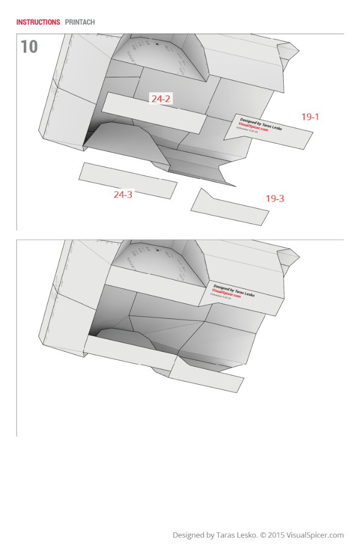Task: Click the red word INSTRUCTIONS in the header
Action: tap(38, 22)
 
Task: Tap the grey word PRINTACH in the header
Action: tap(80, 22)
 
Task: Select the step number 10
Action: tap(29, 47)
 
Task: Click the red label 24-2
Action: tap(161, 99)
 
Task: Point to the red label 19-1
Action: tap(310, 117)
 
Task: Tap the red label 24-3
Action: tap(123, 194)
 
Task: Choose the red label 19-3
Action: tap(274, 199)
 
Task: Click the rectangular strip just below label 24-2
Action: tap(154, 113)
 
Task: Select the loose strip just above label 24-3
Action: tap(127, 180)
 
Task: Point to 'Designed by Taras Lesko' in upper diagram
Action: tap(261, 124)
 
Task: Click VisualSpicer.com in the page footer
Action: tap(315, 535)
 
